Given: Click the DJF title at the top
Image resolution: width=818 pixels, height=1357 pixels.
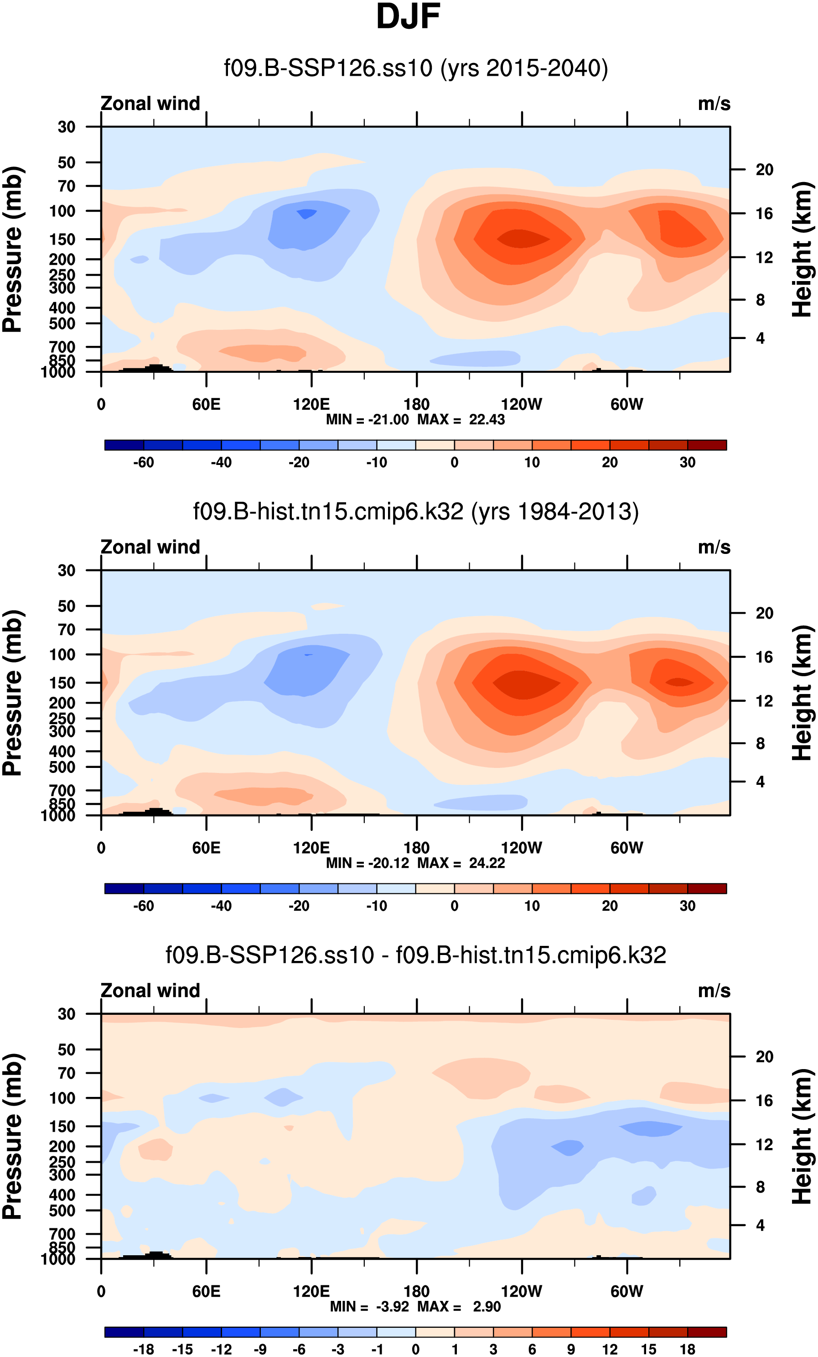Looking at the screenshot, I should click(408, 17).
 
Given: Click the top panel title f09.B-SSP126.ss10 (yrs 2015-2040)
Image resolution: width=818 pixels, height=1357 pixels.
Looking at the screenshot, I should click(415, 68).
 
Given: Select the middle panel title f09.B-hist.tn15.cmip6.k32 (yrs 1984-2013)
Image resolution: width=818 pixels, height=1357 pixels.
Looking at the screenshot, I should click(415, 511).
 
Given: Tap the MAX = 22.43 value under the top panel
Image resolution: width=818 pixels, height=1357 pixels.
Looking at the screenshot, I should click(461, 420).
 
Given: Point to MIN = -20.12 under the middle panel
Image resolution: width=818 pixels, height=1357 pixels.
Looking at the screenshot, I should click(367, 863).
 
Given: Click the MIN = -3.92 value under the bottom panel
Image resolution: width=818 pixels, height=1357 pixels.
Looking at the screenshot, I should click(369, 1306).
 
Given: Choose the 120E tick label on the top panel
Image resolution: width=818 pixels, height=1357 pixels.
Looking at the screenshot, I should click(311, 405).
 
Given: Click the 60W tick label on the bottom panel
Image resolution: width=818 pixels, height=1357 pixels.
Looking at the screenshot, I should click(626, 1291).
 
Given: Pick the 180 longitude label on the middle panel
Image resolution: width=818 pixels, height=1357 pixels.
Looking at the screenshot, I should click(416, 848).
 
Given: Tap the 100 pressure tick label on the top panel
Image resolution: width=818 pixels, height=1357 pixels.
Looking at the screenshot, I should click(62, 211).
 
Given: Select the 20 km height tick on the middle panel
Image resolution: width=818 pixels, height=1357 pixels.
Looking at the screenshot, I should click(764, 613).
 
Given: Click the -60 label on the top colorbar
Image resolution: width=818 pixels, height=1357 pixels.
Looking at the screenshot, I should click(144, 463).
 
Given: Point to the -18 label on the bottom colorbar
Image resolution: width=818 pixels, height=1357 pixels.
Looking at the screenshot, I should click(144, 1349).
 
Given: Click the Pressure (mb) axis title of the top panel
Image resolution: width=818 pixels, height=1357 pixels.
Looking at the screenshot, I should click(12, 249).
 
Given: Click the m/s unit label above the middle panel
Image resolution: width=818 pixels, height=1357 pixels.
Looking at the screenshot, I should click(714, 548).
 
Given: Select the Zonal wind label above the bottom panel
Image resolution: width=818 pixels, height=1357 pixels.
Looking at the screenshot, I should click(150, 991).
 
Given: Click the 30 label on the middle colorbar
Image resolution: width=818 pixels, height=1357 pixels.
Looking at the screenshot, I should click(687, 906).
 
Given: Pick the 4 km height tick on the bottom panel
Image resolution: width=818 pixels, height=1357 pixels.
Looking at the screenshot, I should click(760, 1226).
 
